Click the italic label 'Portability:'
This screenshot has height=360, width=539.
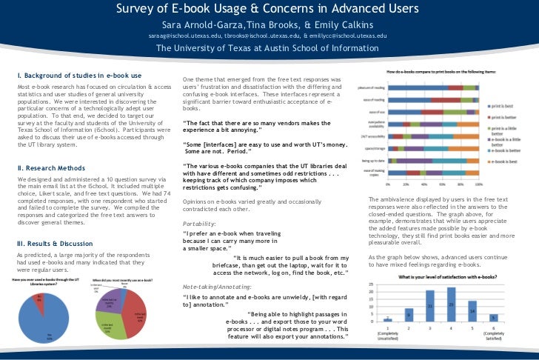[200, 202]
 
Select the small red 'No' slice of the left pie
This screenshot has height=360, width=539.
[40, 299]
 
